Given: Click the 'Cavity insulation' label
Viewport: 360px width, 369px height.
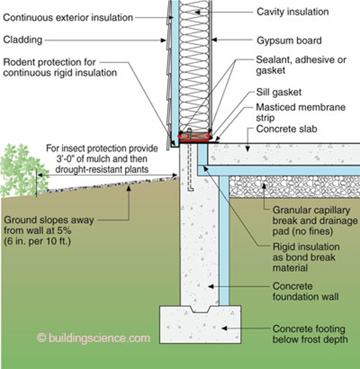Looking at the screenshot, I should click(x=292, y=11).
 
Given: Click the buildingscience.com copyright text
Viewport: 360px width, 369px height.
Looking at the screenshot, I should click(x=94, y=338).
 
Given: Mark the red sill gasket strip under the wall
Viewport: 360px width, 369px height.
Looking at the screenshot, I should click(x=194, y=136).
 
